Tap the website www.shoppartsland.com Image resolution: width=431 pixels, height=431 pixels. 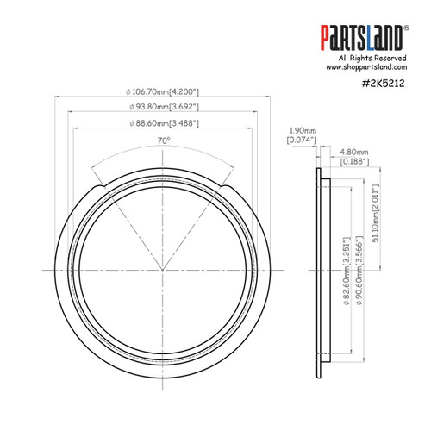click(365, 66)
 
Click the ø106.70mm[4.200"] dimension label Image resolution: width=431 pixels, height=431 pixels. click(163, 91)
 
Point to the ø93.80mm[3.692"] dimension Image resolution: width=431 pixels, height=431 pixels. click(163, 107)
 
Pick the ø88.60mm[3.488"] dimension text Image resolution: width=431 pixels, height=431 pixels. click(163, 123)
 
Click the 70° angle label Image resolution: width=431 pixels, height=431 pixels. click(163, 140)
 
